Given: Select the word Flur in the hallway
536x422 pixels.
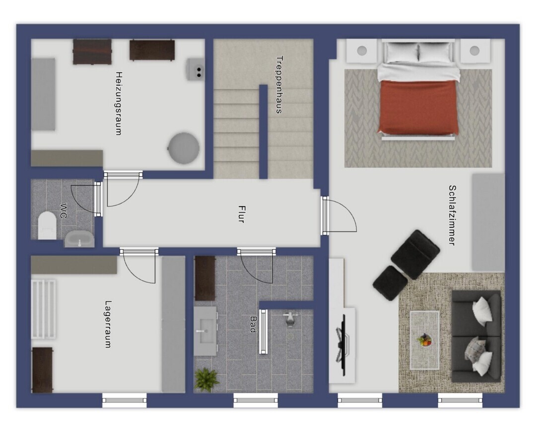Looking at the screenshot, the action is click(x=241, y=214).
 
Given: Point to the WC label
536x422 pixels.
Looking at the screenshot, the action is click(x=64, y=211).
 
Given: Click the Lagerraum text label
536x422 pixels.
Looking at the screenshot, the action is click(x=108, y=324).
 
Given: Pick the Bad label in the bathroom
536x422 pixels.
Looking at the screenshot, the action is click(x=253, y=324).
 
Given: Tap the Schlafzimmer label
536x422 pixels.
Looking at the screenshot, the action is click(x=452, y=215).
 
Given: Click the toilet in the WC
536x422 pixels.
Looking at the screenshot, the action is click(x=47, y=225).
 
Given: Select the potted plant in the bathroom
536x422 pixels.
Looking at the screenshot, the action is click(x=206, y=379).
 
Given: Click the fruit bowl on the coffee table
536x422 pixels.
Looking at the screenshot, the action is click(x=424, y=340).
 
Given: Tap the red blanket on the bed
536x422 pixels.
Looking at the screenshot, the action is click(x=418, y=107).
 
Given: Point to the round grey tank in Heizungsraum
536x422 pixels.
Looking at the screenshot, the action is click(x=184, y=148).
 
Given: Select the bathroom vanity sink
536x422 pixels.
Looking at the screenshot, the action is click(x=205, y=331).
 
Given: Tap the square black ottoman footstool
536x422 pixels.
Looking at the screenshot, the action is click(x=390, y=283).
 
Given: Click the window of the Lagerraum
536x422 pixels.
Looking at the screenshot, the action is click(x=125, y=400).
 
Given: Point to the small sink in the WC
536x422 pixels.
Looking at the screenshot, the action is click(x=79, y=239).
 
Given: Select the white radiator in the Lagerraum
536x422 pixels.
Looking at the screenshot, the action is click(x=43, y=309).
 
